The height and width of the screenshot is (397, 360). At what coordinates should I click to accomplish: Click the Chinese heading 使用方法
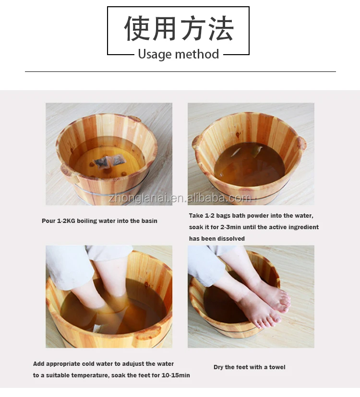[x=179, y=28]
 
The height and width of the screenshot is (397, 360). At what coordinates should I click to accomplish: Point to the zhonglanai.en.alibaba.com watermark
[x=180, y=198]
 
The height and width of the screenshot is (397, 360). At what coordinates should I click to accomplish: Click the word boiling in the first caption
[x=87, y=221]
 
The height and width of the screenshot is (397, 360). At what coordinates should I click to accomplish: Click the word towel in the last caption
[x=277, y=367]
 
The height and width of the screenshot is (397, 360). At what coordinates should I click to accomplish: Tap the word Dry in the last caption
[x=218, y=367]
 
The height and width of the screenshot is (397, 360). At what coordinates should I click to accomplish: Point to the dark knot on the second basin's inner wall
[x=238, y=134]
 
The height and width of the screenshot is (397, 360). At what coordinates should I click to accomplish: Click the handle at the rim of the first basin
[x=134, y=118]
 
